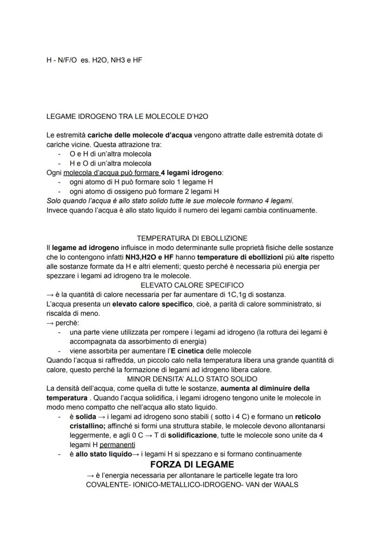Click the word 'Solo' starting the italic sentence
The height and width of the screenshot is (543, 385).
click(x=54, y=201)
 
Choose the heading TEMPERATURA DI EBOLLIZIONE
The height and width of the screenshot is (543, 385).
click(x=192, y=238)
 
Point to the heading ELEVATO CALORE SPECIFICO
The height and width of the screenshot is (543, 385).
click(x=192, y=285)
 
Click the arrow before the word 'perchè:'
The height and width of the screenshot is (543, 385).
click(x=50, y=322)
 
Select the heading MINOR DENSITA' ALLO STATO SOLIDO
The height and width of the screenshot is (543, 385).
click(x=192, y=379)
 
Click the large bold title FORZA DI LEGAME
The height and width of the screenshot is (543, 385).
click(x=192, y=464)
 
